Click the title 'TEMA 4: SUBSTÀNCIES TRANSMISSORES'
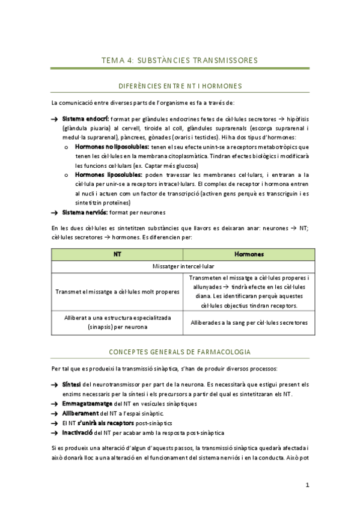[x=180, y=60]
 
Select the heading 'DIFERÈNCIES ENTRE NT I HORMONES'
[x=180, y=86]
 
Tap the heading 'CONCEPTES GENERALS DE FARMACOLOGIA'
[x=180, y=352]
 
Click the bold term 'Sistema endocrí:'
[x=84, y=119]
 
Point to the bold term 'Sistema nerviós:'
[x=84, y=212]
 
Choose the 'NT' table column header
[x=117, y=254]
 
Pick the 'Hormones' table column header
[x=249, y=254]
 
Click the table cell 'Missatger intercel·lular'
[x=183, y=266]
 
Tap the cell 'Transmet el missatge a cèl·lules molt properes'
[x=117, y=292]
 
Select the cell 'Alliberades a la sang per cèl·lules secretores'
[x=249, y=322]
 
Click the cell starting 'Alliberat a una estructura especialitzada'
[x=117, y=322]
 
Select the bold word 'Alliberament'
[x=79, y=414]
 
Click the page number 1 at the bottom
[x=307, y=485]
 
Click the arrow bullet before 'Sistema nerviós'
[x=55, y=213]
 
